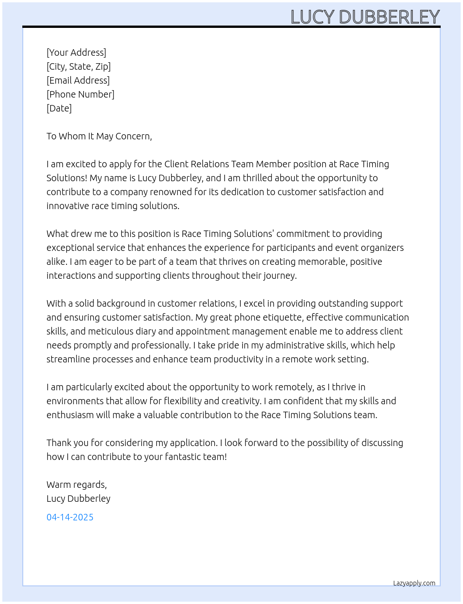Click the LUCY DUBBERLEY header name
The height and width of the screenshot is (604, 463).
pyautogui.click(x=365, y=17)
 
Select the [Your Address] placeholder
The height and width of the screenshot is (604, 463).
pyautogui.click(x=76, y=53)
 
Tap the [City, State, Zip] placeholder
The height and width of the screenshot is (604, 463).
pyautogui.click(x=79, y=66)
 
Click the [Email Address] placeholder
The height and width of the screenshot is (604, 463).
pyautogui.click(x=78, y=80)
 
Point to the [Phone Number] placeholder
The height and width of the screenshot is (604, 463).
pyautogui.click(x=80, y=94)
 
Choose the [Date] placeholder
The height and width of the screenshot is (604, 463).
pyautogui.click(x=59, y=108)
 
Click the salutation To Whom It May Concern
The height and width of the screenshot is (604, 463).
pyautogui.click(x=99, y=136)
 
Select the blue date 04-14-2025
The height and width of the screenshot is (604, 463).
pyautogui.click(x=70, y=517)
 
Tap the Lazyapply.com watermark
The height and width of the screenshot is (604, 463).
pyautogui.click(x=414, y=583)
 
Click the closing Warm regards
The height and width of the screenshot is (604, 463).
pyautogui.click(x=77, y=485)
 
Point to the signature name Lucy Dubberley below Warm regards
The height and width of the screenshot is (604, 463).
pyautogui.click(x=79, y=499)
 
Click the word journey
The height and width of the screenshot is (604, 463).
pyautogui.click(x=279, y=276)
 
